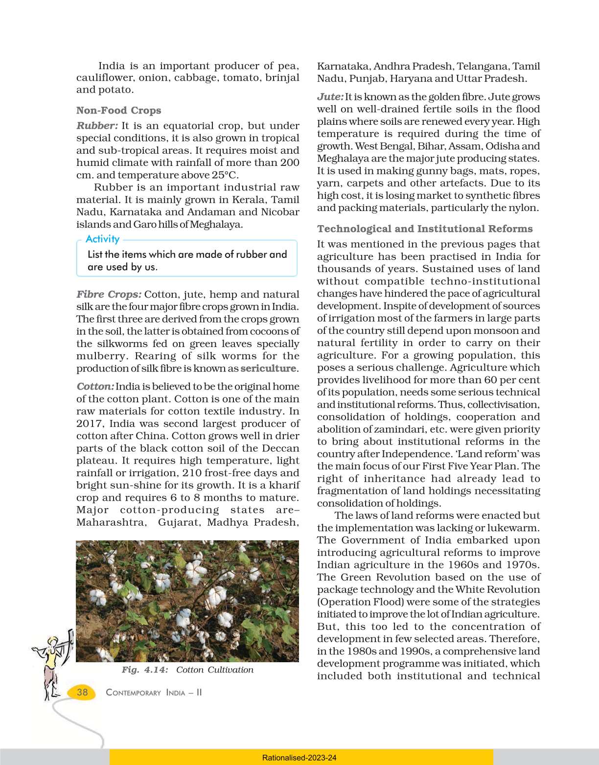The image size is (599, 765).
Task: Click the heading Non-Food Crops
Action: pos(118,111)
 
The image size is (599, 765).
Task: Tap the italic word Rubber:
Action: pos(97,126)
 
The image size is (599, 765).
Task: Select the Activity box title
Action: pos(102,239)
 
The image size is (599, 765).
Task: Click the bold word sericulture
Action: pos(268,369)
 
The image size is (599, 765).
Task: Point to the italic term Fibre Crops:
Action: pos(109,294)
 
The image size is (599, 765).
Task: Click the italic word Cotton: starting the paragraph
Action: pos(95,386)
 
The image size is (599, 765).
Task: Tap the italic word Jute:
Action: pos(330,97)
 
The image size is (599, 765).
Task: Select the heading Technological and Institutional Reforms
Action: pos(425,229)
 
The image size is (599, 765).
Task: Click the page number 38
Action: pos(82,692)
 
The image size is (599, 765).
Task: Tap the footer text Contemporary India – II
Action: pos(154,693)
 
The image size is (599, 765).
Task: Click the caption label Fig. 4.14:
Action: pos(145,670)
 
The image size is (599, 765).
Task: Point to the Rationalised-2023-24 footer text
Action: pos(299,758)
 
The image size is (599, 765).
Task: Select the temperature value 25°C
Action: pos(224,175)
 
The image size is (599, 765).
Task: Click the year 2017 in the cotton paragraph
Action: pos(89,423)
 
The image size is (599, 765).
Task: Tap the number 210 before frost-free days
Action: pos(192,473)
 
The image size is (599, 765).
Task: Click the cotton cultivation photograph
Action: pos(187,601)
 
